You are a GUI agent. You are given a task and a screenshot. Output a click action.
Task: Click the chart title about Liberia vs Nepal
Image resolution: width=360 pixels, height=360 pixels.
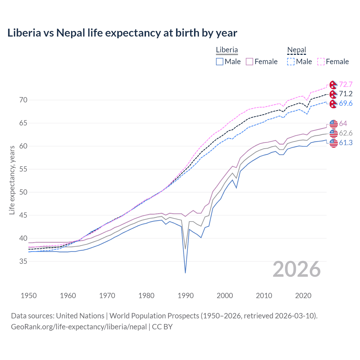pyautogui.click(x=122, y=33)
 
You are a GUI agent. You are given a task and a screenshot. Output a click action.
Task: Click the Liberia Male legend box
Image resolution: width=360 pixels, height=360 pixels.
pyautogui.click(x=220, y=62)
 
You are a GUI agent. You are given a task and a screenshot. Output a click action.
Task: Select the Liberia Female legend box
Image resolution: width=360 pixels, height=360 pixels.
pyautogui.click(x=250, y=62)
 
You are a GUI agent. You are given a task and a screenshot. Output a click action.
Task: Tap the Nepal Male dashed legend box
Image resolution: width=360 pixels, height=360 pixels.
pyautogui.click(x=291, y=62)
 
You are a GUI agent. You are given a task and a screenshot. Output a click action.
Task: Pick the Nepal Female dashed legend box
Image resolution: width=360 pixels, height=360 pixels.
pyautogui.click(x=321, y=62)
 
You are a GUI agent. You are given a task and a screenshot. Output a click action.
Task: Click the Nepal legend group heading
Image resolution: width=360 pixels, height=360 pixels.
pyautogui.click(x=296, y=50)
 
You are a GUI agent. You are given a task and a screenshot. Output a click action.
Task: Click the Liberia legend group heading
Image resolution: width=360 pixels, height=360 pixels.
pyautogui.click(x=227, y=50)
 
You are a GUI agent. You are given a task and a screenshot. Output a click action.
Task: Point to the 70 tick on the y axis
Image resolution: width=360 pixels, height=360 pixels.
pyautogui.click(x=23, y=100)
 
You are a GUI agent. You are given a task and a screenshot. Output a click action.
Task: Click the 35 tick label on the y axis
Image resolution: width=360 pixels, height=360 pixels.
pyautogui.click(x=23, y=262)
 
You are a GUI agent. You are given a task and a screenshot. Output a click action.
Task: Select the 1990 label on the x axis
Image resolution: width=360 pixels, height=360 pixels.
pyautogui.click(x=186, y=296)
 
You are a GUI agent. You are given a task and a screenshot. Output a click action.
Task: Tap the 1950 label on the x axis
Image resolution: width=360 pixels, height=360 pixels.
pyautogui.click(x=29, y=296)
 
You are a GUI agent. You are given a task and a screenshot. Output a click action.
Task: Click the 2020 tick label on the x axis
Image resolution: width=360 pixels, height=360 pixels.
pyautogui.click(x=303, y=296)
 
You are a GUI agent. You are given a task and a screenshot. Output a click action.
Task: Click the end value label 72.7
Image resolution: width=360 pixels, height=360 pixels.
pyautogui.click(x=346, y=84)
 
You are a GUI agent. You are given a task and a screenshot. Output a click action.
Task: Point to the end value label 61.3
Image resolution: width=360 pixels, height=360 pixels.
pyautogui.click(x=346, y=143)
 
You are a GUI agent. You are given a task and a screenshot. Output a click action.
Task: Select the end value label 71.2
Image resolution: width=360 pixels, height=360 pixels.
pyautogui.click(x=346, y=94)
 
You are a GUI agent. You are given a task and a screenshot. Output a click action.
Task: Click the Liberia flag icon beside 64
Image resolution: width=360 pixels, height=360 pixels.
pyautogui.click(x=334, y=124)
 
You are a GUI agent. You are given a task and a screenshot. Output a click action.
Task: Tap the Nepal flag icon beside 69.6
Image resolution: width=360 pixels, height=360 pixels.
pyautogui.click(x=334, y=104)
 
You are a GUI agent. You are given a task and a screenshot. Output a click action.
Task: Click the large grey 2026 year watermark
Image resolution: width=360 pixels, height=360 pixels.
pyautogui.click(x=297, y=269)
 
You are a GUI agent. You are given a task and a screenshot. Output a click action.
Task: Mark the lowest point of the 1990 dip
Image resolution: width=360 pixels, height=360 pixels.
pyautogui.click(x=185, y=273)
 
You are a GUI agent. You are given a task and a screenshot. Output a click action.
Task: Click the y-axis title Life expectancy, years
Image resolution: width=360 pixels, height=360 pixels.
pyautogui.click(x=12, y=180)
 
